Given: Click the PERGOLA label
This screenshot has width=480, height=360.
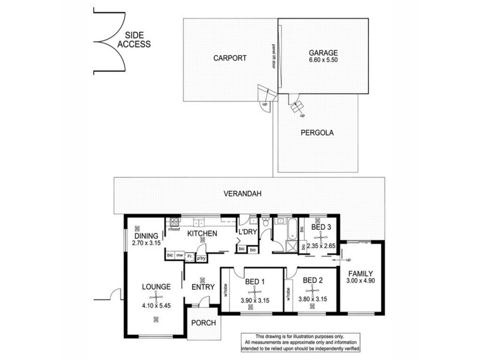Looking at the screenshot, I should (x=318, y=133).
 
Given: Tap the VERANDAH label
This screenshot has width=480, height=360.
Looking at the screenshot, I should (x=241, y=194).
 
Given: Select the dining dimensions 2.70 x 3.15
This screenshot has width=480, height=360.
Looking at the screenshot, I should (x=147, y=245).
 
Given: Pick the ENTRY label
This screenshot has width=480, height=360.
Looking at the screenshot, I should (x=203, y=288).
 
